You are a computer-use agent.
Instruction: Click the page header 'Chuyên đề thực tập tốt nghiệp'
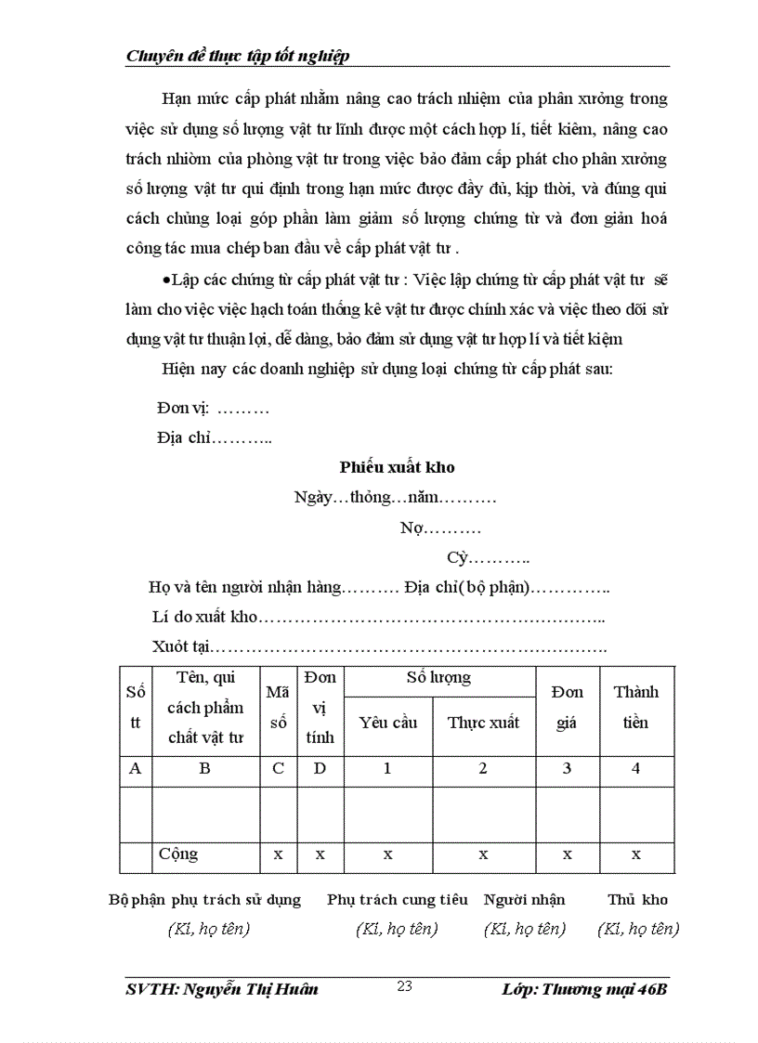click(x=237, y=57)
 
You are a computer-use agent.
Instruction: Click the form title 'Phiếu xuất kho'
click(x=397, y=467)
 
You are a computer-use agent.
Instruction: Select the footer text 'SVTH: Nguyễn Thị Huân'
click(x=222, y=989)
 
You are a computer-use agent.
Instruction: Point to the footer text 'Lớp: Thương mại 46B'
click(x=583, y=989)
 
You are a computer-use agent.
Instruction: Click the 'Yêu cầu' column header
click(x=387, y=723)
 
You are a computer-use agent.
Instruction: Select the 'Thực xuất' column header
click(x=483, y=723)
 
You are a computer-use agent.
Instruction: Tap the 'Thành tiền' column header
click(x=635, y=707)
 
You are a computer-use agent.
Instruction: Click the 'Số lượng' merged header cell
click(x=438, y=678)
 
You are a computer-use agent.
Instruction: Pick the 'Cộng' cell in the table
click(x=178, y=854)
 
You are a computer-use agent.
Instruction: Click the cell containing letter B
click(x=204, y=768)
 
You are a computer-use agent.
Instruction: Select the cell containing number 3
click(x=567, y=768)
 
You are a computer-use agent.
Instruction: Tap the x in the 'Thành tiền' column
click(x=635, y=854)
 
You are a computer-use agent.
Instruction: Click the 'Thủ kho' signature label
click(x=637, y=899)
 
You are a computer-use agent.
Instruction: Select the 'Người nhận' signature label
click(x=524, y=899)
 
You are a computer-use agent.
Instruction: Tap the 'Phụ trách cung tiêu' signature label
click(x=397, y=899)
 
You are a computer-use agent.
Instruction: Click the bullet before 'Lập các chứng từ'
click(x=165, y=280)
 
